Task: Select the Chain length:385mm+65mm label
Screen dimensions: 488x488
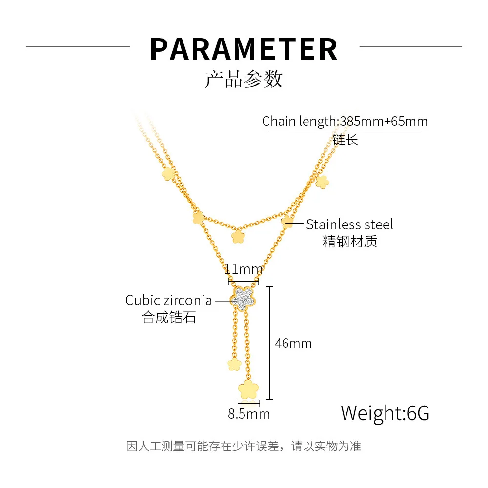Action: tap(345, 121)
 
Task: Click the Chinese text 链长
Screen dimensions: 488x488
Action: tap(345, 140)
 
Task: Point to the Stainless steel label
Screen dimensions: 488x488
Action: tap(349, 224)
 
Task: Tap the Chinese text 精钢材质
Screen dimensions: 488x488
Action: tap(349, 241)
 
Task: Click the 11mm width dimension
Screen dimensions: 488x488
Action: tap(244, 269)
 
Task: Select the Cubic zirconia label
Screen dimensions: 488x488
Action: tap(168, 300)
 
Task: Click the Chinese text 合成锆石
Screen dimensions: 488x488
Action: tap(169, 318)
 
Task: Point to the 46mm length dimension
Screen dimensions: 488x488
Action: tap(293, 343)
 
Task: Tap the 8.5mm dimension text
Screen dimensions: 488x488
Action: tap(249, 414)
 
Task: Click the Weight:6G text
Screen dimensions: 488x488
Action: tap(385, 413)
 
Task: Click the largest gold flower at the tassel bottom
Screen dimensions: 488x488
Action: tap(248, 390)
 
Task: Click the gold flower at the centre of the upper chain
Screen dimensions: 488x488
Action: tap(238, 237)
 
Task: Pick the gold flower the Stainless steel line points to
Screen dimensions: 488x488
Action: tap(287, 223)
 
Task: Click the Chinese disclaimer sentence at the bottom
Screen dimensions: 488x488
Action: tap(244, 446)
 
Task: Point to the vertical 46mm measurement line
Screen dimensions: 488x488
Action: tap(270, 343)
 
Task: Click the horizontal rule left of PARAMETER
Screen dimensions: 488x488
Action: tap(78, 47)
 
